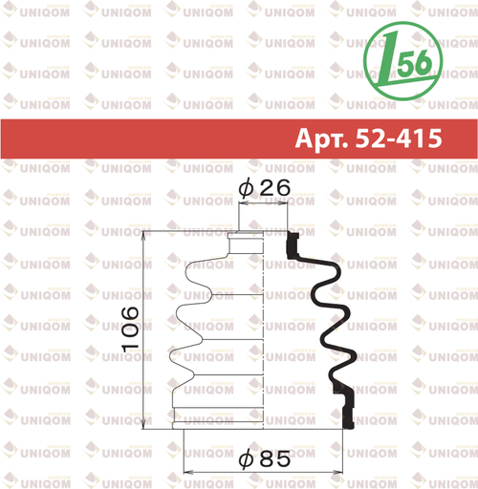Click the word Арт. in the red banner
[321, 138]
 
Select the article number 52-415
[399, 138]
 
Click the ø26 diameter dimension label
[265, 188]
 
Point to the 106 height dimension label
[130, 330]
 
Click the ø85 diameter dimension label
[265, 459]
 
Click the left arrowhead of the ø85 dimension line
[189, 472]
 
